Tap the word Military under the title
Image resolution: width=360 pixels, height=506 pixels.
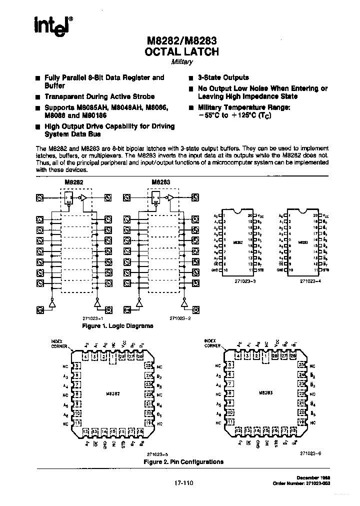(x=182, y=62)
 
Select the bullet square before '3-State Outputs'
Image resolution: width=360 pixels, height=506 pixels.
(x=191, y=78)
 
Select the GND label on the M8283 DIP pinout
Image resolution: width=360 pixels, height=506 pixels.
(x=279, y=270)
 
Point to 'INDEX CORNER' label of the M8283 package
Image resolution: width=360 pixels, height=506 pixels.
(x=212, y=343)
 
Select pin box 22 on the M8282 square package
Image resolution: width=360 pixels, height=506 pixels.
(x=148, y=393)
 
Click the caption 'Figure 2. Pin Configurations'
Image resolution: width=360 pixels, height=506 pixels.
(x=183, y=461)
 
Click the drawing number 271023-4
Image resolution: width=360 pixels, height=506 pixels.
(x=311, y=281)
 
